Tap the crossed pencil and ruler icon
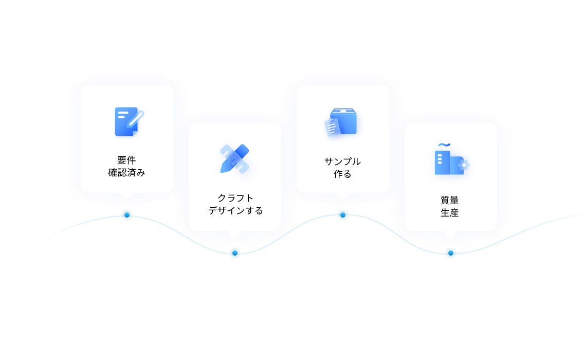pos(235,158)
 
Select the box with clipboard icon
pos(340,122)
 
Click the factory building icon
pos(451,159)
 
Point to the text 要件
pos(126,160)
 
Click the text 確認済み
pos(126,173)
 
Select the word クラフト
pos(235,198)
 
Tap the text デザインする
pos(235,211)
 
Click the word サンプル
pos(342,161)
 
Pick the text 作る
pos(342,174)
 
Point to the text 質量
pos(450,201)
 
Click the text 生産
pos(450,213)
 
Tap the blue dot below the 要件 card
pos(127,215)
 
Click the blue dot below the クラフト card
pos(235,253)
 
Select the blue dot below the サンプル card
pos(343,215)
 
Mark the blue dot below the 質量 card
pos(451,253)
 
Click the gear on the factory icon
pos(464,165)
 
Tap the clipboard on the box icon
pos(332,127)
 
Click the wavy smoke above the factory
pos(444,145)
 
